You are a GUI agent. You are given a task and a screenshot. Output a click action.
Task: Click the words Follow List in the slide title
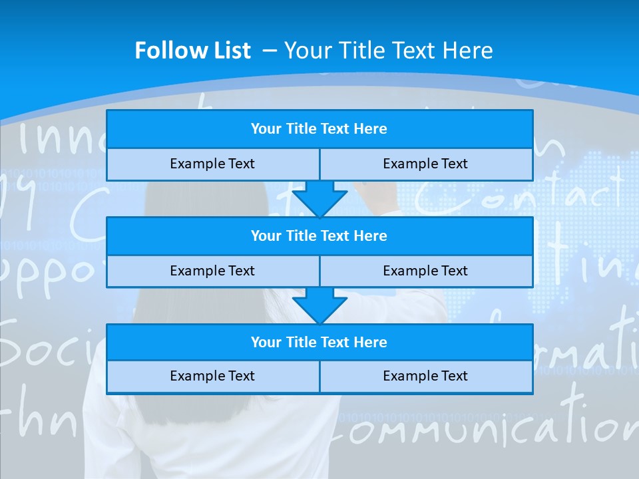tap(192, 51)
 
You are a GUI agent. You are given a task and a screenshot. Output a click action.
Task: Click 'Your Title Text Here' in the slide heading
tap(388, 51)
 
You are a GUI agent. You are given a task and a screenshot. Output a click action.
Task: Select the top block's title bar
tap(319, 129)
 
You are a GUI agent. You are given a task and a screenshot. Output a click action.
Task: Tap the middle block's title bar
tap(319, 236)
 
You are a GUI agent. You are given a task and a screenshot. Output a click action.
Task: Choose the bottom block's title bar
tap(319, 342)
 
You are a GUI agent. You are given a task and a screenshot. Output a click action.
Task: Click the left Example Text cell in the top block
tap(212, 164)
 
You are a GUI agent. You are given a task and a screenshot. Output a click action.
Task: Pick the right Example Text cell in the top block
tap(425, 164)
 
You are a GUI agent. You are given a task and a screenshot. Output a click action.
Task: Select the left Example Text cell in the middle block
tap(212, 271)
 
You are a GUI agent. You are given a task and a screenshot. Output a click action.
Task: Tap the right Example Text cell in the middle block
tap(425, 271)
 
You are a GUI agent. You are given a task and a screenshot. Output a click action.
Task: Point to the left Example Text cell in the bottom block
tap(212, 376)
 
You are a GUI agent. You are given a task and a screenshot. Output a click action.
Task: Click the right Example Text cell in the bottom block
tap(425, 376)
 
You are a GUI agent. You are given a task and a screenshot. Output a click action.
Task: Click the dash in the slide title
tap(270, 51)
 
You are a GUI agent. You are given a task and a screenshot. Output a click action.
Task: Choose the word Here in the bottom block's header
tap(371, 342)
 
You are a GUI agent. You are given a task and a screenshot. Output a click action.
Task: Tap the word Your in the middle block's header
tap(266, 236)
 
